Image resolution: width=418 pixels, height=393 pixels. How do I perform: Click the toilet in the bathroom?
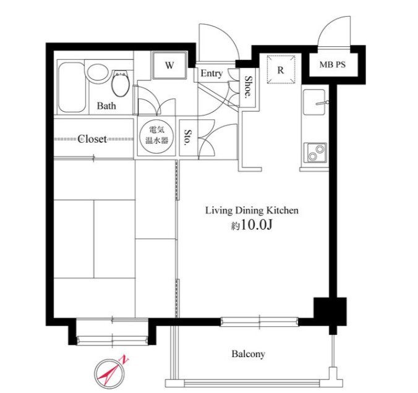pos(121,83)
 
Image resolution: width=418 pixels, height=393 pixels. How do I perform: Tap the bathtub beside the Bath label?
pos(72,87)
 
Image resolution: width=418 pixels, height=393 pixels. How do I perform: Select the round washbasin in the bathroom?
pos(98,72)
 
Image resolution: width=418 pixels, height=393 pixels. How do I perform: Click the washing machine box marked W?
pos(169,65)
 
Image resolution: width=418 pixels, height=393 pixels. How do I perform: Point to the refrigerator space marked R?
pos(281,69)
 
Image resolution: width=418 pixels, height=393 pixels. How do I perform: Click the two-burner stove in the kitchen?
pos(315,153)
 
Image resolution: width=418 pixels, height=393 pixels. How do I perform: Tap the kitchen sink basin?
pos(314,102)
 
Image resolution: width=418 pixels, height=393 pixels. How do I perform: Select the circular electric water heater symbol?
pos(156,137)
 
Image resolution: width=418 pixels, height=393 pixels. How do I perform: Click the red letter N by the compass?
pos(124,360)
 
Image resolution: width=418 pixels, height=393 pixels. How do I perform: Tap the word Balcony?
pos(248,354)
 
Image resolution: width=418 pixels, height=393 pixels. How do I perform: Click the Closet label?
pos(92,139)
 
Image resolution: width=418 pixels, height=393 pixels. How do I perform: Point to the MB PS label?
pos(333,64)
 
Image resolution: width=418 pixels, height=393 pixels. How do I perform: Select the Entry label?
pos(211,74)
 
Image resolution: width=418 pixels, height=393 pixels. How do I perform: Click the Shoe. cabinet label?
pos(249,86)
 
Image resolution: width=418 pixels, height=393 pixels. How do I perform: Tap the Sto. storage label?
pos(188,137)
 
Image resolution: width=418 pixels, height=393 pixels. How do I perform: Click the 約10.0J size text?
pos(252,226)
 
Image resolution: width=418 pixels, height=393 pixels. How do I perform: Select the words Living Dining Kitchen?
pos(252,211)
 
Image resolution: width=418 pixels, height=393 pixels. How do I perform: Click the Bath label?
pos(106,106)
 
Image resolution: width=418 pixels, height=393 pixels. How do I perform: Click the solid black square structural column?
pos(330,311)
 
